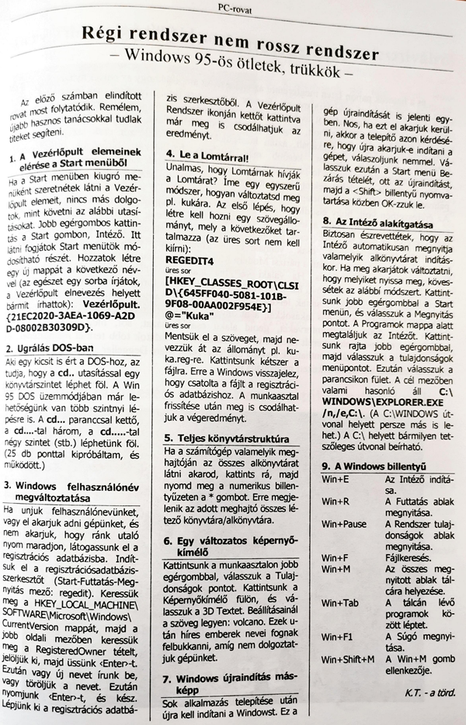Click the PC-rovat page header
[234, 9]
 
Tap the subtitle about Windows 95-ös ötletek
[232, 57]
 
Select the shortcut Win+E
[336, 481]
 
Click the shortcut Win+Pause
[344, 524]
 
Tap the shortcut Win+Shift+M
[348, 660]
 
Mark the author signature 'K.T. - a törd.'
[427, 691]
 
